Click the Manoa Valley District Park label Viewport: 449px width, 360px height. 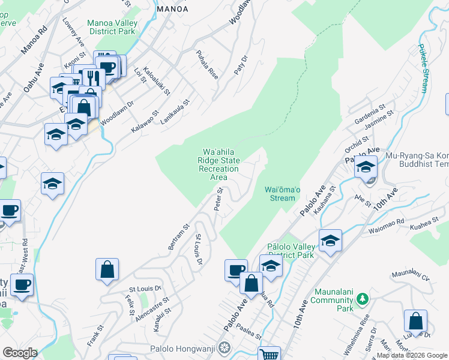click(x=112, y=27)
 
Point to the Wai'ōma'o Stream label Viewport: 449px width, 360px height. click(x=280, y=194)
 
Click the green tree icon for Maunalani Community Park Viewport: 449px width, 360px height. click(x=361, y=298)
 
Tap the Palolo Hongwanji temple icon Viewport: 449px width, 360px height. click(x=224, y=347)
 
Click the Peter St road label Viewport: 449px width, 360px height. click(x=218, y=199)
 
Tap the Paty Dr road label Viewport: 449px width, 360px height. click(x=244, y=67)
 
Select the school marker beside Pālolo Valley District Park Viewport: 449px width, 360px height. click(x=330, y=241)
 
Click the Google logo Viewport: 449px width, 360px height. click(x=20, y=353)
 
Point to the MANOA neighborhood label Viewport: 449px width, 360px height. click(x=172, y=9)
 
